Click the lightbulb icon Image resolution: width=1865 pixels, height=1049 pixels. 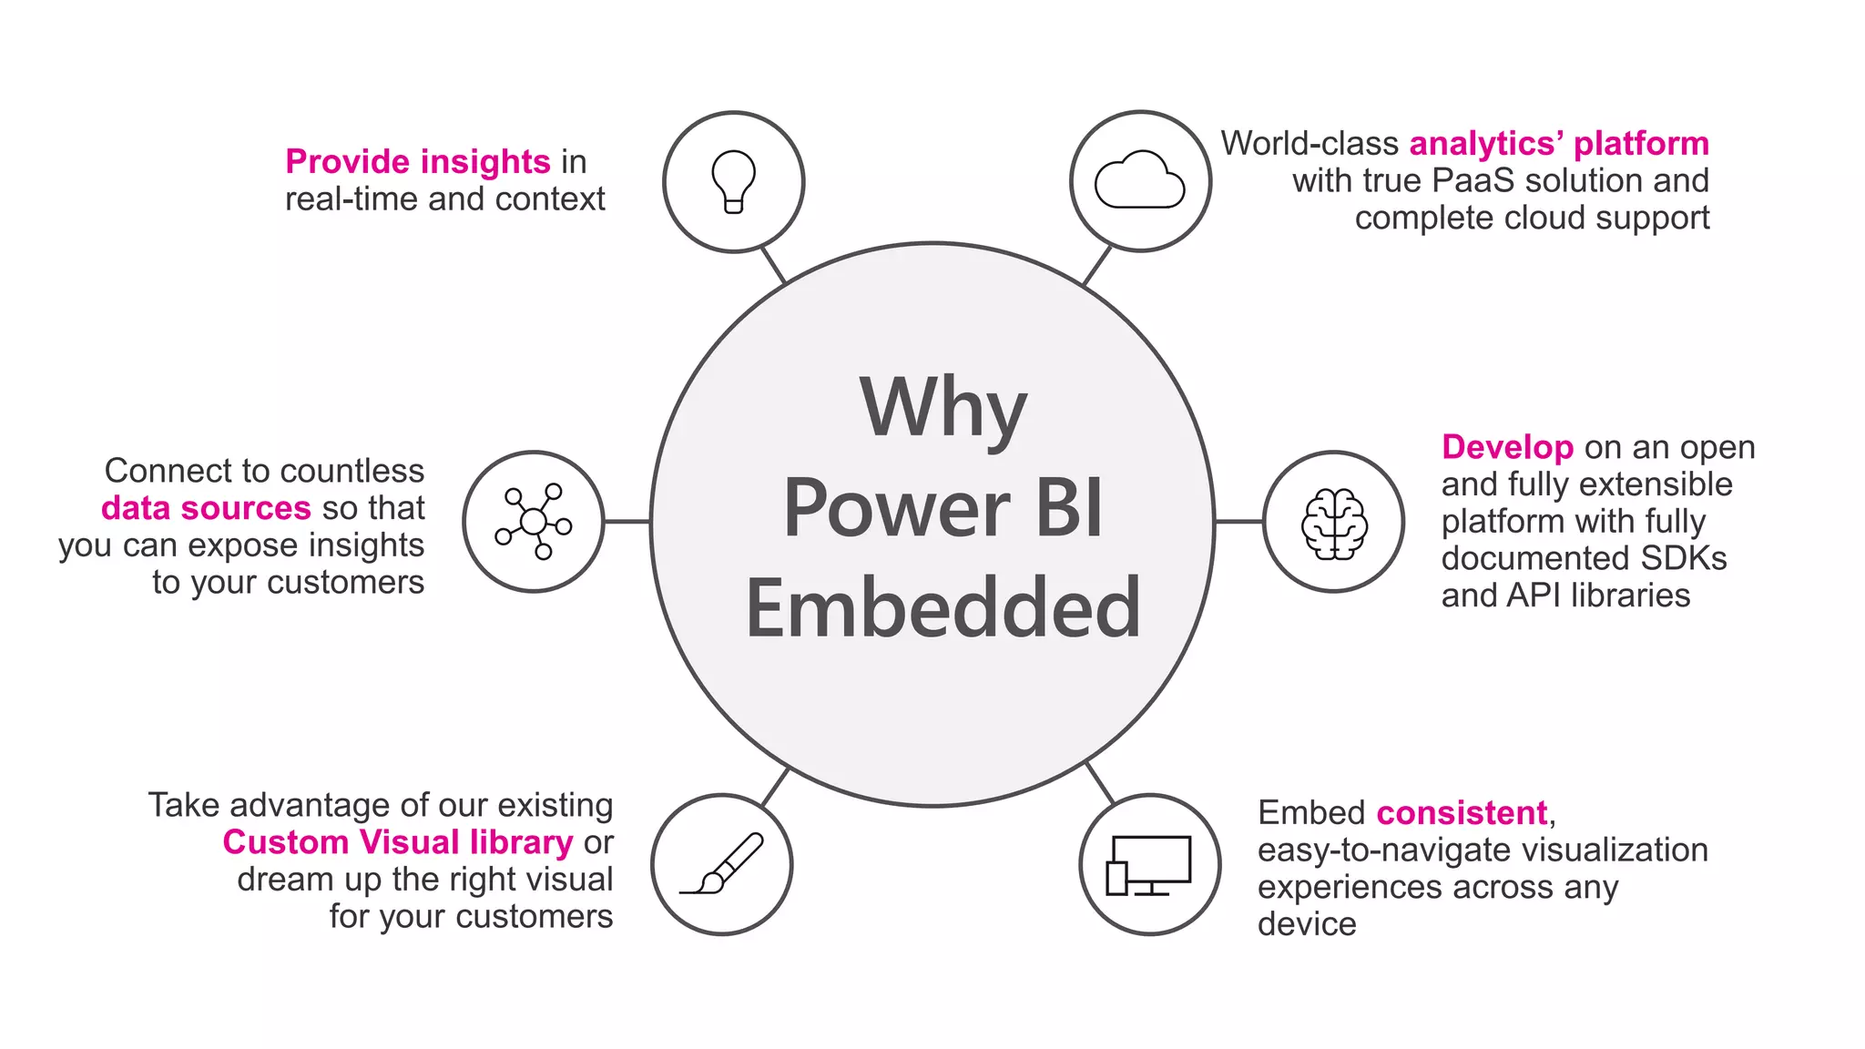[x=733, y=181]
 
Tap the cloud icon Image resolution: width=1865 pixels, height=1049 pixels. [x=1139, y=181]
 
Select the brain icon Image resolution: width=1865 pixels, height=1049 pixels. [x=1333, y=523]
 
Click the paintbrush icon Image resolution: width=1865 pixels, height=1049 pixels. [x=722, y=864]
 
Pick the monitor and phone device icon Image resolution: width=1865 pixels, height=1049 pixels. [x=1149, y=865]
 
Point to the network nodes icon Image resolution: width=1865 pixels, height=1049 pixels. [x=534, y=522]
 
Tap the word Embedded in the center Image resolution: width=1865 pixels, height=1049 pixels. [x=943, y=608]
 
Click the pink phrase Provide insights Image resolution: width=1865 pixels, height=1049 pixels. [x=417, y=162]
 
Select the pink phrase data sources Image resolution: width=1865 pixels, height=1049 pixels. [x=206, y=508]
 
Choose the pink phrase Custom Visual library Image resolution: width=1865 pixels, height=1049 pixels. [x=398, y=842]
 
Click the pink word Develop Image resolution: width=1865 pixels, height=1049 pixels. [x=1507, y=447]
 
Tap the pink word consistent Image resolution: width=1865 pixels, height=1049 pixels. [x=1461, y=812]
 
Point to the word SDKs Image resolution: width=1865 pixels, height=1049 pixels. [x=1687, y=558]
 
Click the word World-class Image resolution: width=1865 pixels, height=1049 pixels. [x=1309, y=144]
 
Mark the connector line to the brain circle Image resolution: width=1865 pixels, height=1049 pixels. [x=1238, y=522]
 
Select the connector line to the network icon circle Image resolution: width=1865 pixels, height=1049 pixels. [x=627, y=522]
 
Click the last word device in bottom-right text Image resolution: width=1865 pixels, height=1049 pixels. [x=1306, y=924]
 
